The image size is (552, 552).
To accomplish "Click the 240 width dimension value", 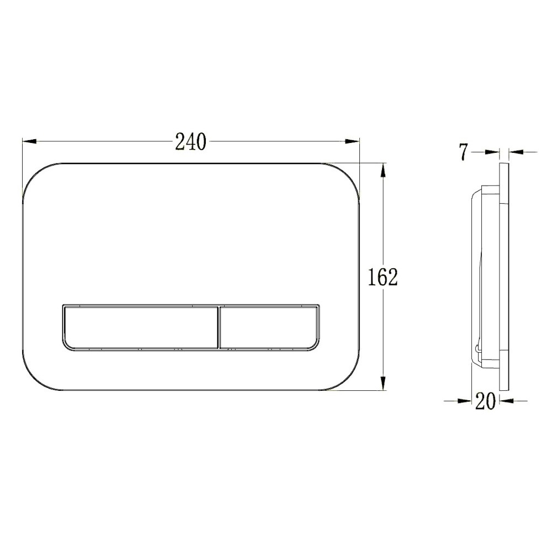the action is coord(190,142).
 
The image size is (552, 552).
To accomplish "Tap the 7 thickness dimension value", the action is coord(464,152).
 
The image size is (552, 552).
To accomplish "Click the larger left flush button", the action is coord(141,327).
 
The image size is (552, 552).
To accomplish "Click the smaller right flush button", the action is coord(269,327).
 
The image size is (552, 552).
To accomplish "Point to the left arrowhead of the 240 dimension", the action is coord(30,141).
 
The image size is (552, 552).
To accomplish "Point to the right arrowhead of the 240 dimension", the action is coord(352,141).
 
